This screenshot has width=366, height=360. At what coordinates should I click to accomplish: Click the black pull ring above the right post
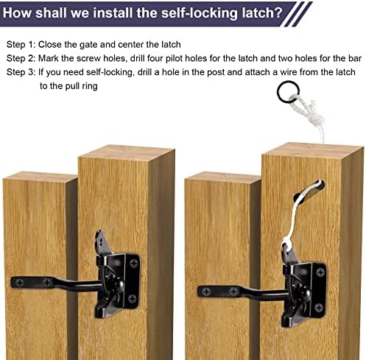(288, 93)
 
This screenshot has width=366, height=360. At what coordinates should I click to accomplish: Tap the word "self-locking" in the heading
(200, 13)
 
